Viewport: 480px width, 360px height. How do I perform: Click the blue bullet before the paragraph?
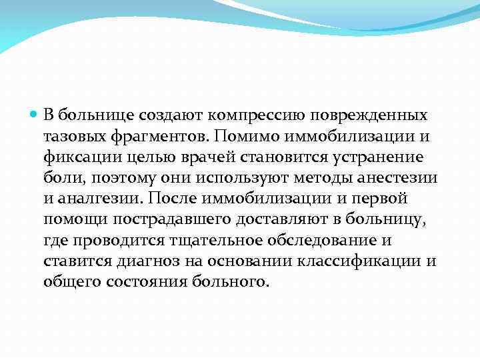(x=35, y=115)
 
